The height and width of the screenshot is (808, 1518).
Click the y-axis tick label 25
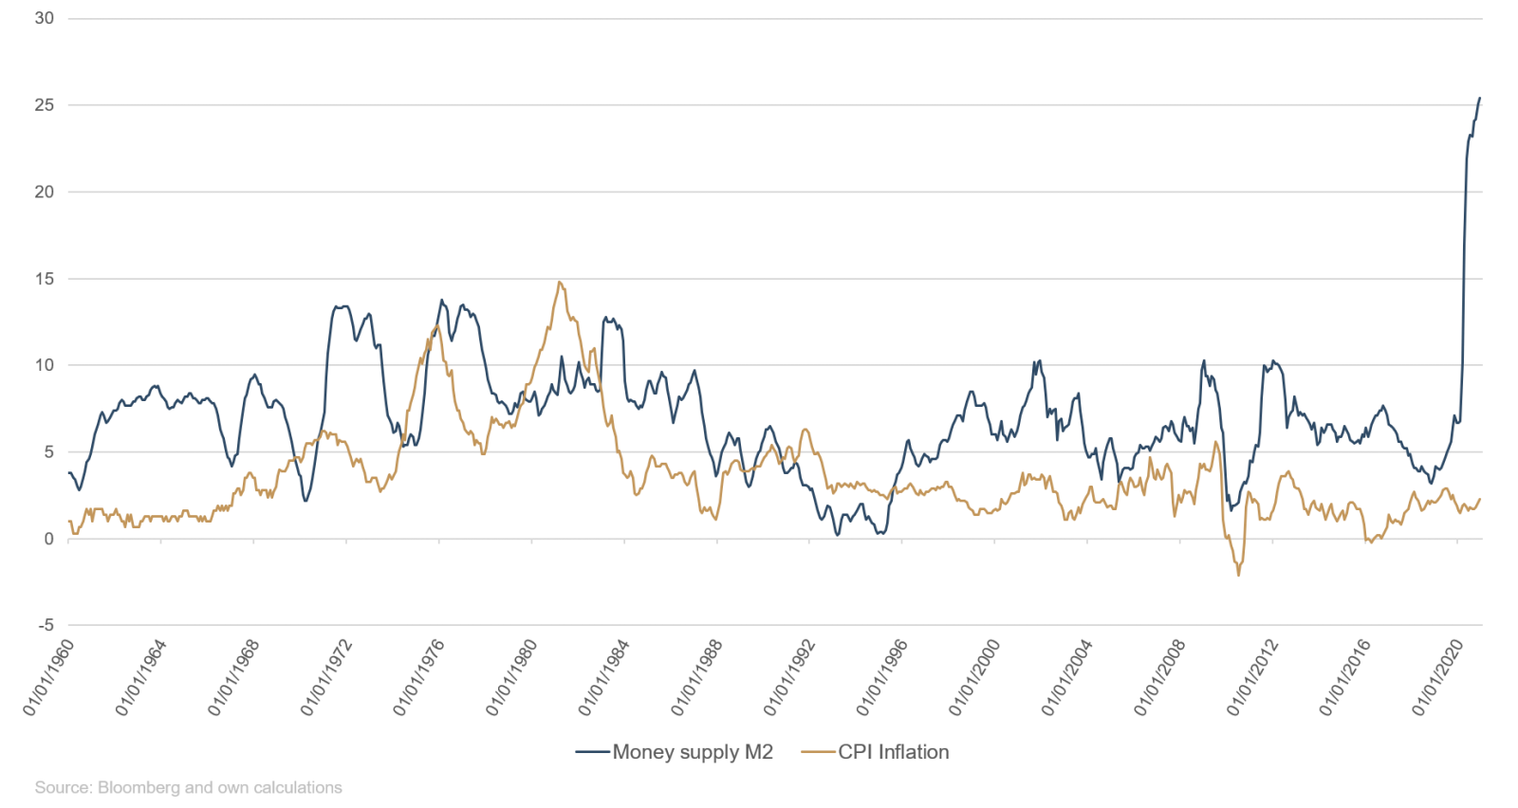click(x=44, y=105)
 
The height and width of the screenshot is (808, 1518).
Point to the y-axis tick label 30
click(x=44, y=19)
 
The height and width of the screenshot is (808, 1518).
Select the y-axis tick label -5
click(x=45, y=626)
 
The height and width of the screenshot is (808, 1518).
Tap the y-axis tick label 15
click(x=44, y=279)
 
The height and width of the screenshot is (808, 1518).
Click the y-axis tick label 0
click(x=48, y=540)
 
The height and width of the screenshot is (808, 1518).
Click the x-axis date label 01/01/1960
click(x=49, y=677)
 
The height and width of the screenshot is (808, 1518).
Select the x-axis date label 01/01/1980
click(x=512, y=677)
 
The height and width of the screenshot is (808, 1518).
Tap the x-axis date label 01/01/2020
click(x=1438, y=677)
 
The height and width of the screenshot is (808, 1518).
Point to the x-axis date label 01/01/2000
click(x=975, y=677)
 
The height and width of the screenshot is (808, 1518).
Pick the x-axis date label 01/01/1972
click(x=327, y=677)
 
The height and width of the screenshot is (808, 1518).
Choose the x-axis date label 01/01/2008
click(x=1160, y=677)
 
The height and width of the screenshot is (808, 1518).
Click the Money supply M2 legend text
click(x=693, y=753)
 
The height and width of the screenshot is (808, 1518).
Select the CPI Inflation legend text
click(x=893, y=753)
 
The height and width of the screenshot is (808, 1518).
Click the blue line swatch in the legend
click(x=592, y=753)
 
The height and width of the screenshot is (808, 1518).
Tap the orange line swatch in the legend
click(x=818, y=753)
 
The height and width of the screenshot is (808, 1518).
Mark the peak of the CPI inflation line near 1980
click(x=560, y=282)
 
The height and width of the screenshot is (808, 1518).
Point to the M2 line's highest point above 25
click(x=1480, y=98)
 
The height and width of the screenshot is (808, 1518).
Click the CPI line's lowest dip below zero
click(x=1238, y=575)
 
